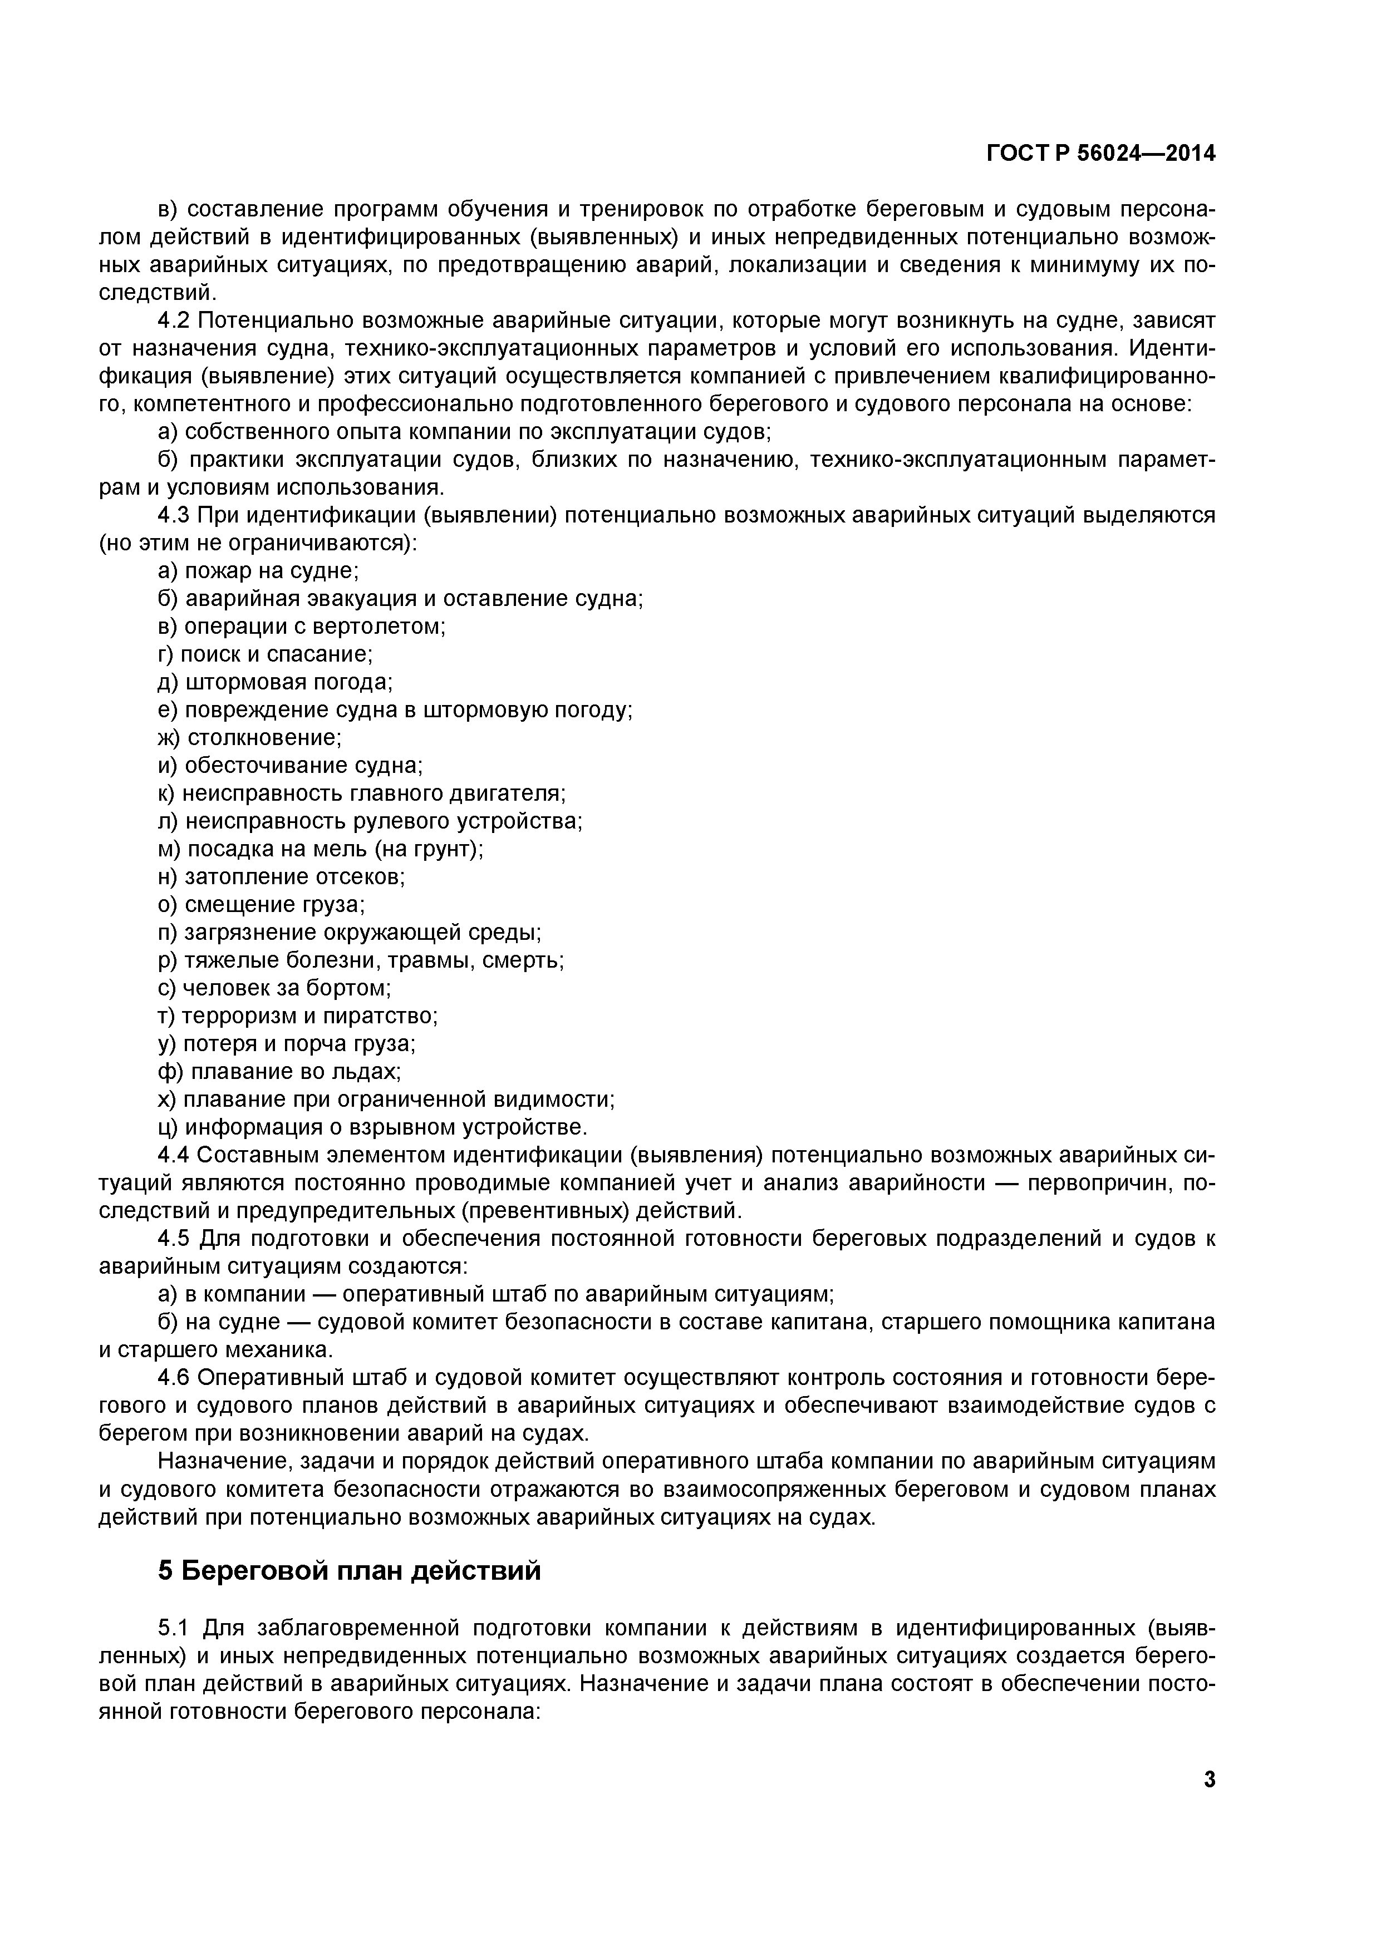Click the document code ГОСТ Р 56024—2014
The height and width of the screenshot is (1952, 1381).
click(x=1100, y=153)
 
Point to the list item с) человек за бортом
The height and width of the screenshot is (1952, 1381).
click(x=274, y=988)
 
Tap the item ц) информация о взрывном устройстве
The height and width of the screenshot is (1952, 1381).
click(x=372, y=1127)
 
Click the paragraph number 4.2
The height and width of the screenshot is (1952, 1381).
click(x=176, y=321)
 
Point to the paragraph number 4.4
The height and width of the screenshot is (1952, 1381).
click(x=176, y=1155)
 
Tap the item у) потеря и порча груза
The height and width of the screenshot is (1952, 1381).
click(x=287, y=1044)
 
